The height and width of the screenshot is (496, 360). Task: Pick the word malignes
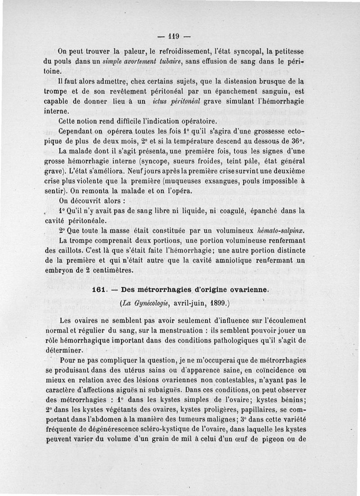coord(226,418)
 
